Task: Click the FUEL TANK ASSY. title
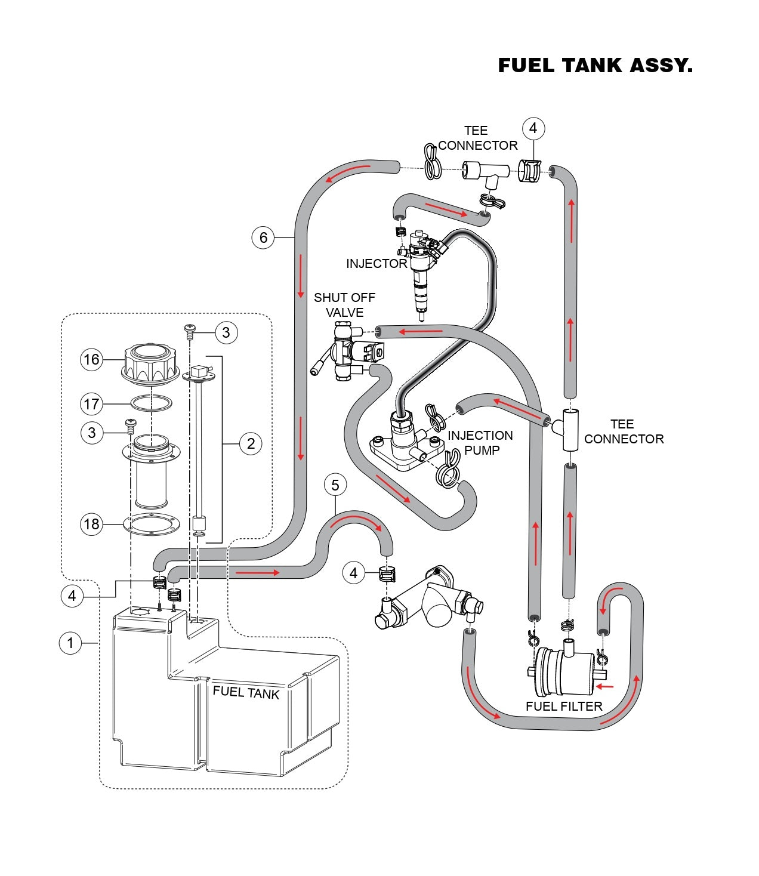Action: tap(595, 65)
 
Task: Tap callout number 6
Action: tap(263, 237)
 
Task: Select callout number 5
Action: tap(335, 485)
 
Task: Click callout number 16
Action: tap(91, 359)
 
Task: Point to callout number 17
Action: tap(91, 404)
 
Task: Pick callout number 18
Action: tap(91, 524)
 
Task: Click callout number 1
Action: tap(70, 643)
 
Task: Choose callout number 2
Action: tap(251, 443)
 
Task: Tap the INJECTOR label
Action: tap(377, 264)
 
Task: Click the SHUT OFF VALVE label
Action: tap(344, 305)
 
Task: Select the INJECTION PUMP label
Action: tap(480, 443)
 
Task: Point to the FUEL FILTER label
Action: tap(564, 707)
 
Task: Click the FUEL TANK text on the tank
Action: tap(246, 692)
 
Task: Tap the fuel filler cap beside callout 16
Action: tap(152, 363)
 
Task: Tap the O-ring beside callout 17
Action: tap(152, 404)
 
